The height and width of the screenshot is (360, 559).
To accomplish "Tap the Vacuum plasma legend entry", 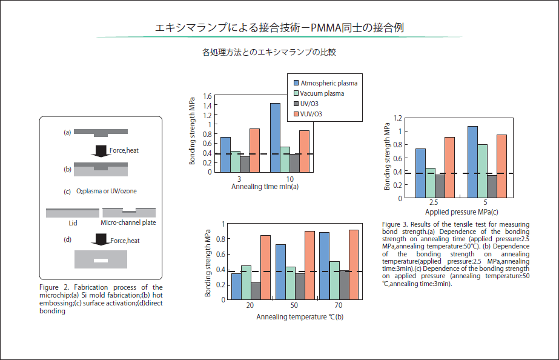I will (322, 93).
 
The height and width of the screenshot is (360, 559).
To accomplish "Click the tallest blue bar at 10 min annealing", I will (275, 137).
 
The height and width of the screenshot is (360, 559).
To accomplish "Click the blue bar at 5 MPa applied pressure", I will (472, 161).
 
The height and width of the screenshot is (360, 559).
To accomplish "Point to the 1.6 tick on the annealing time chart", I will (208, 96).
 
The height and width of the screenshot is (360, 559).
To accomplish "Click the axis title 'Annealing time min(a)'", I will (265, 187).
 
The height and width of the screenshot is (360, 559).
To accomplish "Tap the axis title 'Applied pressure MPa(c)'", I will (461, 212).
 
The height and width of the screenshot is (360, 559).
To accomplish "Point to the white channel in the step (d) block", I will (101, 261).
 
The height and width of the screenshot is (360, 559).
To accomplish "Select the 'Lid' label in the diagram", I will (73, 222).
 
